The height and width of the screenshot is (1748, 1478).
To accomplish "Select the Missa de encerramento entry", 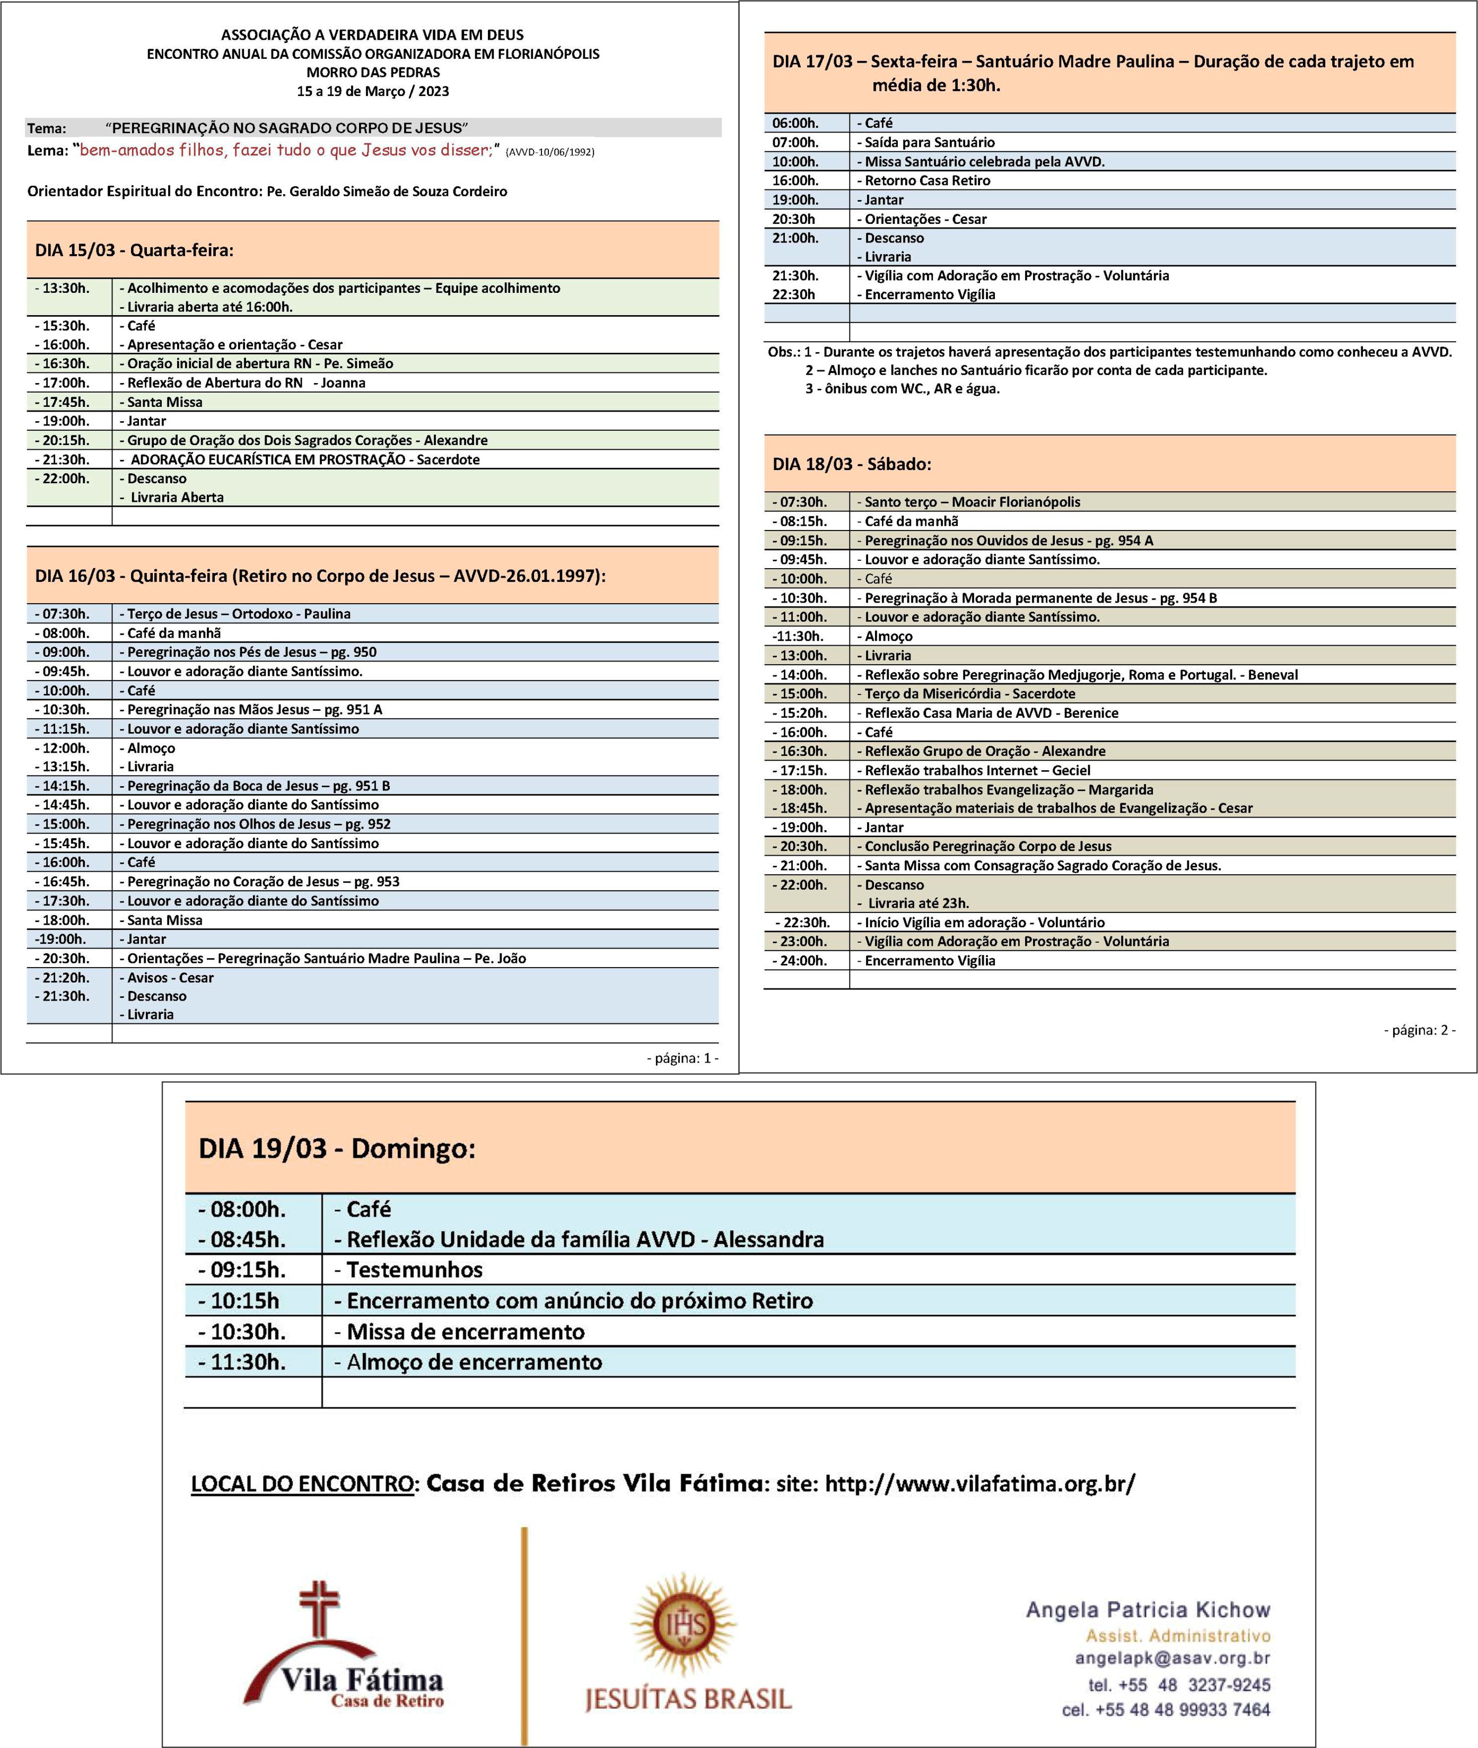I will [x=465, y=1332].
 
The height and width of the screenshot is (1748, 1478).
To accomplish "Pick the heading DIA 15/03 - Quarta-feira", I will [x=134, y=250].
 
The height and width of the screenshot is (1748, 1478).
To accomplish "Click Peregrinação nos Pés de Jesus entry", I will [x=251, y=652].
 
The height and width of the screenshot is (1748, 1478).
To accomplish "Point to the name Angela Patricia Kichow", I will [x=1148, y=1610].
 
